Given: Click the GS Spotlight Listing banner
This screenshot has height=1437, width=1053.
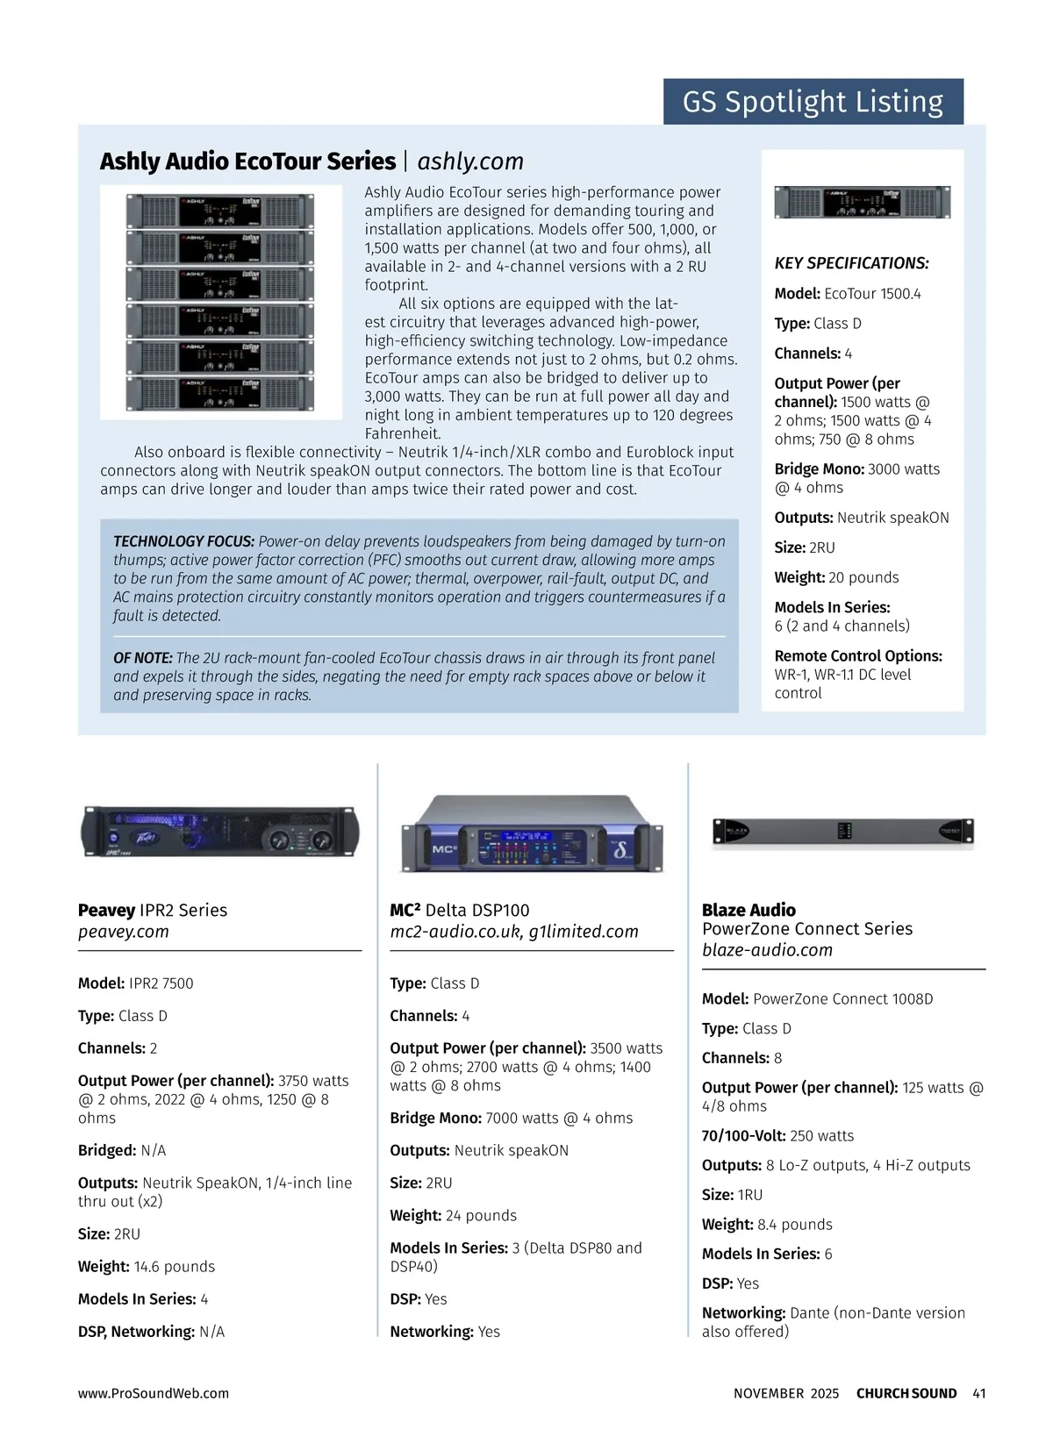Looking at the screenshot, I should tap(813, 102).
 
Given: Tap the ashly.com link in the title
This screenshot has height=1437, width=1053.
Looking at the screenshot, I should tap(470, 161).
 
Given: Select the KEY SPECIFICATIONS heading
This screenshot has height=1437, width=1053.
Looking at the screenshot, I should tap(851, 263).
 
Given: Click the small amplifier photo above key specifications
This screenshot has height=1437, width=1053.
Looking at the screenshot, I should tap(862, 203).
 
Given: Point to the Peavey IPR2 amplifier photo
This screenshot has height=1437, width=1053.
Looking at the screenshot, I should tap(219, 830).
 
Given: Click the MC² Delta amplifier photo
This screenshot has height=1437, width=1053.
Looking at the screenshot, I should tap(532, 833).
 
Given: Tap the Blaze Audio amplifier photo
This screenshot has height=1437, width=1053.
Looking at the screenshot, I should tap(842, 832).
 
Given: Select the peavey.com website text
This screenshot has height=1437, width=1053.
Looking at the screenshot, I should tap(123, 932).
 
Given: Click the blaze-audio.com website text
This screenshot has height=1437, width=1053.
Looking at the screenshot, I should tap(767, 950).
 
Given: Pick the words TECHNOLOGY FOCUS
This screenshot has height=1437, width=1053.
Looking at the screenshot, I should tap(183, 541).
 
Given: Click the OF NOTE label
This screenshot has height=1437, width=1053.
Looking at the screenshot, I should tap(142, 658).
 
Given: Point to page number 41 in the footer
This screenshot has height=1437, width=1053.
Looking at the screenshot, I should tap(979, 1393).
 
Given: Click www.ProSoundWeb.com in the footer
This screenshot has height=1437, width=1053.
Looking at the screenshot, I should tap(154, 1393).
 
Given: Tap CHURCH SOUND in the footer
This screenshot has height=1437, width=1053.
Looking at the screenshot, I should tap(906, 1393).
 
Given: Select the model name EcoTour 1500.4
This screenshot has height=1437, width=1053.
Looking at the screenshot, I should tap(872, 294).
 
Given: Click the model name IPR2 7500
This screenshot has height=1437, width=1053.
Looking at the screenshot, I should tap(161, 983).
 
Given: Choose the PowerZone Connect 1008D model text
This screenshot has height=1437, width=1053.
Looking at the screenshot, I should tap(842, 999).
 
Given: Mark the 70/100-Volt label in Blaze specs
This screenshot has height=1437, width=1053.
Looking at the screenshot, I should tap(743, 1136).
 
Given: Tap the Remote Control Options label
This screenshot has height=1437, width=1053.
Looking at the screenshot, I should tap(858, 656).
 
